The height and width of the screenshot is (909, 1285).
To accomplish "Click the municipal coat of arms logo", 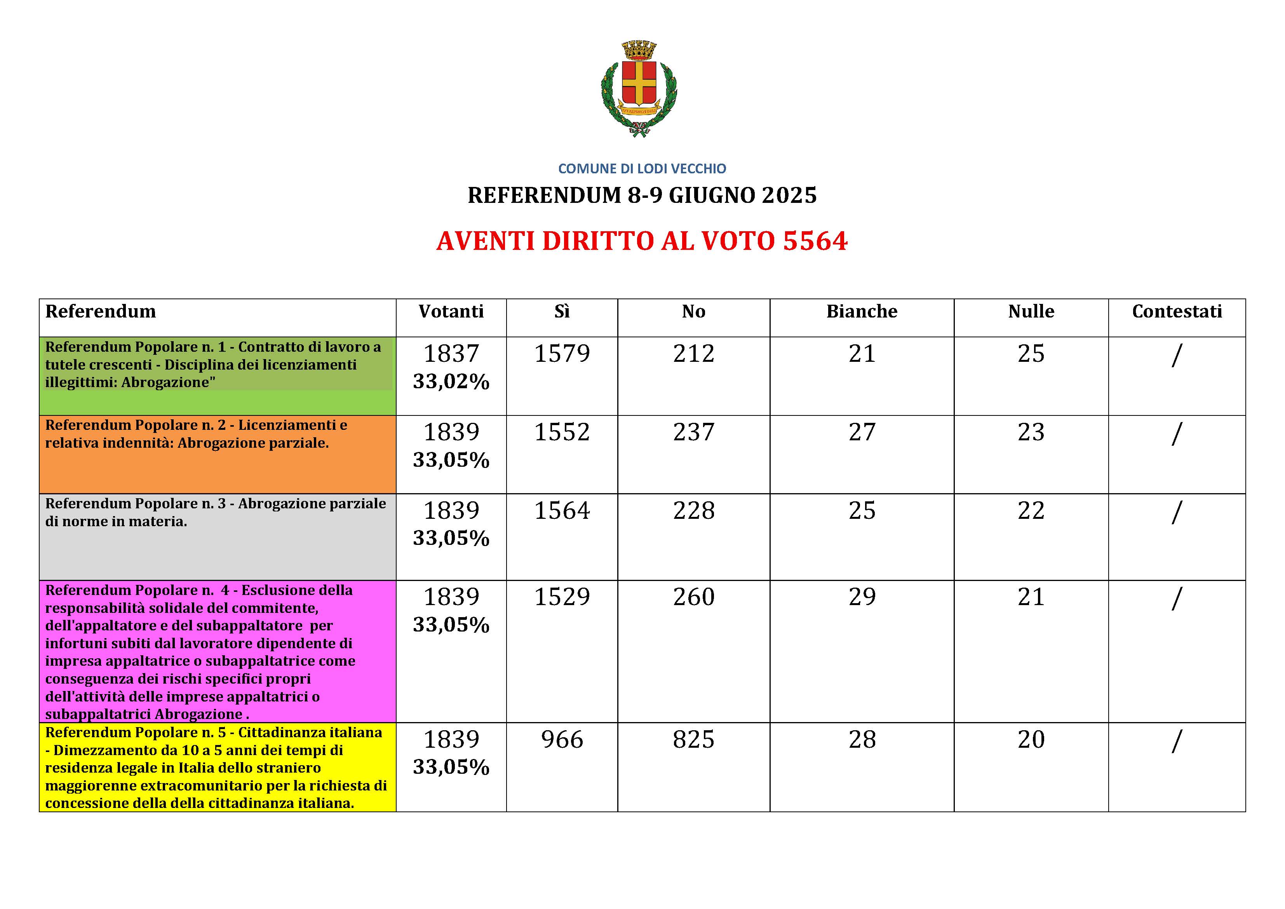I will [639, 89].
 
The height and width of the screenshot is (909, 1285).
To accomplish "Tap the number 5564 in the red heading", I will [815, 241].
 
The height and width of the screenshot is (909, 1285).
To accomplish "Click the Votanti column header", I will [451, 311].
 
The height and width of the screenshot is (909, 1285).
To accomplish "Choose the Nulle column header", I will [1031, 311].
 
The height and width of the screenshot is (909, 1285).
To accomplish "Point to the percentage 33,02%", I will [451, 382].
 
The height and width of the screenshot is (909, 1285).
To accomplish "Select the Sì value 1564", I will [562, 511].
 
